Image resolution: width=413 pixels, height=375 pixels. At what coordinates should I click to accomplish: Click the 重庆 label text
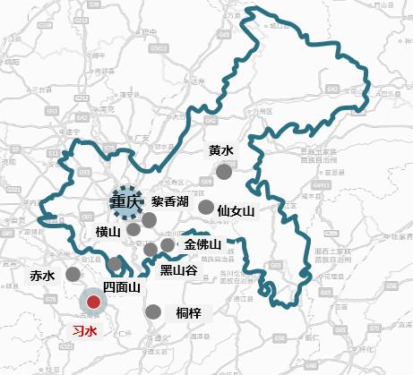pos(125,201)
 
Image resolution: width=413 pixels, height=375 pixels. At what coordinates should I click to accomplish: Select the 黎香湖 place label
pos(169,201)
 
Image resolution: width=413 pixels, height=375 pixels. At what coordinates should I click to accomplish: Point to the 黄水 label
pos(220,151)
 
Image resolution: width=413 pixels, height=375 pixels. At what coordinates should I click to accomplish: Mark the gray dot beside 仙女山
pos(206,208)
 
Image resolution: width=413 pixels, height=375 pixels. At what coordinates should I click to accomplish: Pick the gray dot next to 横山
pos(133,229)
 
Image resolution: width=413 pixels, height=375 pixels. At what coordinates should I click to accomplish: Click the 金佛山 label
pos(202,244)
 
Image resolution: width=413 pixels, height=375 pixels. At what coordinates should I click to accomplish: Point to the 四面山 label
pos(122,287)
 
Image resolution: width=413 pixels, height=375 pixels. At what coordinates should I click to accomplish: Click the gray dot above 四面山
pos(116,264)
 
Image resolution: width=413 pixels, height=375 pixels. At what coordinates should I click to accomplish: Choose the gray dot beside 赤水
pos(73,274)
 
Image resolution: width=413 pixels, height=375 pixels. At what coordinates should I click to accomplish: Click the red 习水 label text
pos(84,330)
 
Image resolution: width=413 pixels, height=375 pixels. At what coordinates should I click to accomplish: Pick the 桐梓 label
pos(189,312)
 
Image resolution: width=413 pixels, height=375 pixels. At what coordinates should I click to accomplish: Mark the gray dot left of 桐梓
pos(153,312)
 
